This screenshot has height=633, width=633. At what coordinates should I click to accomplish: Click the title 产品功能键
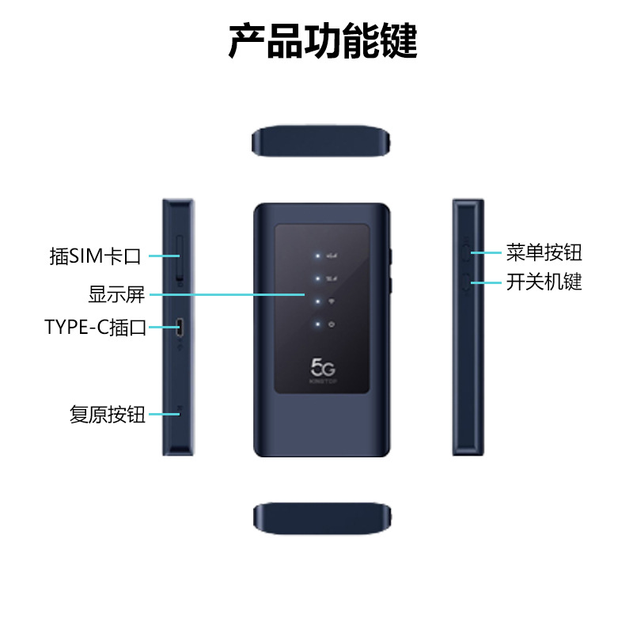(x=322, y=41)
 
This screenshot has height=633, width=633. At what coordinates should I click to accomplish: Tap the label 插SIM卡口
(x=95, y=256)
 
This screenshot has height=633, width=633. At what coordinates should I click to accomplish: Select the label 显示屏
(x=116, y=295)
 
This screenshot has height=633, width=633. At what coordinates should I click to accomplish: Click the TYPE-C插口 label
(x=96, y=327)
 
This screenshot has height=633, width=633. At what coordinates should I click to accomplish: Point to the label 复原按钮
(x=108, y=414)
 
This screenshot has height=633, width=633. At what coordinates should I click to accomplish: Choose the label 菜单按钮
(x=544, y=253)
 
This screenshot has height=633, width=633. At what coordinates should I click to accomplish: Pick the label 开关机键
(x=544, y=282)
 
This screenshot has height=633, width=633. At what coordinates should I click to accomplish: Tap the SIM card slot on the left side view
(x=180, y=257)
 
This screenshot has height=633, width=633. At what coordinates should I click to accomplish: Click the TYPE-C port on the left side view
(x=180, y=326)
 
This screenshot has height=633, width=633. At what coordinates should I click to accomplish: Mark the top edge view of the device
(x=322, y=141)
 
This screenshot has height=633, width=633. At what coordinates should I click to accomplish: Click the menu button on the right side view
(x=466, y=253)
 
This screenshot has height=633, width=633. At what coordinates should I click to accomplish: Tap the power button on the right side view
(x=466, y=282)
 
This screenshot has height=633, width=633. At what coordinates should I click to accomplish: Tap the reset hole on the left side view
(x=180, y=411)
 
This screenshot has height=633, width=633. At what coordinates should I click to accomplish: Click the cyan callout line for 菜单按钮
(x=486, y=253)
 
